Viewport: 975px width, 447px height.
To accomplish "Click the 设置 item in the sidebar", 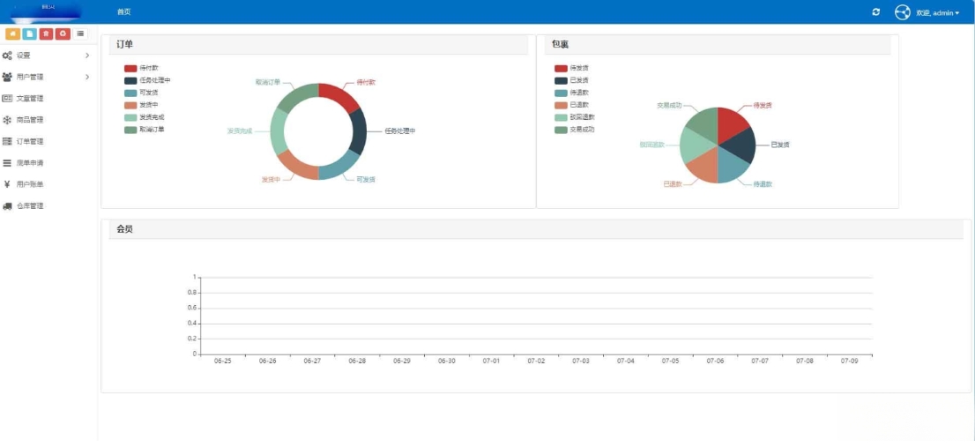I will pyautogui.click(x=24, y=56).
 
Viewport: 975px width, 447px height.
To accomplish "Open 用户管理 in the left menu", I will pyautogui.click(x=29, y=77).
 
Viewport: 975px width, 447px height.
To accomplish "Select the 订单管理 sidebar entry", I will pyautogui.click(x=29, y=141).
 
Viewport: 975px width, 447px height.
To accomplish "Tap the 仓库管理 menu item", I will pyautogui.click(x=29, y=205).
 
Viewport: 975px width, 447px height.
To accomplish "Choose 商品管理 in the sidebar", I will pyautogui.click(x=29, y=120).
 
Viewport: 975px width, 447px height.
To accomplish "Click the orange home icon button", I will pyautogui.click(x=13, y=34).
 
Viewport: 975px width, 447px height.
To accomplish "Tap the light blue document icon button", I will pyautogui.click(x=30, y=34).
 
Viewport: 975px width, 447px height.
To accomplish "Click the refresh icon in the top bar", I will pyautogui.click(x=875, y=12).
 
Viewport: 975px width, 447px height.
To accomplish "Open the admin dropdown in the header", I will pyautogui.click(x=937, y=12).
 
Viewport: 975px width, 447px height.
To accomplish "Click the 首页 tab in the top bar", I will pyautogui.click(x=123, y=12).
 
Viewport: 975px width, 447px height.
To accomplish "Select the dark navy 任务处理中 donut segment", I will pyautogui.click(x=359, y=131).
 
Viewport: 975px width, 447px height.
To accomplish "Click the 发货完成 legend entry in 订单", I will pyautogui.click(x=152, y=117).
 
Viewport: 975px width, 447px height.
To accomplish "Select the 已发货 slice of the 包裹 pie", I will pyautogui.click(x=741, y=141).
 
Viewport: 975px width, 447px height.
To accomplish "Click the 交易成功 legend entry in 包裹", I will pyautogui.click(x=582, y=130).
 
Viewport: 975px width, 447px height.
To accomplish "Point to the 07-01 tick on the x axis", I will pyautogui.click(x=491, y=361).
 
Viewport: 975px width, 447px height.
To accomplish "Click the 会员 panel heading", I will pyautogui.click(x=125, y=229).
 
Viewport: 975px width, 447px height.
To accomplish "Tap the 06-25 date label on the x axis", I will pyautogui.click(x=222, y=361).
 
